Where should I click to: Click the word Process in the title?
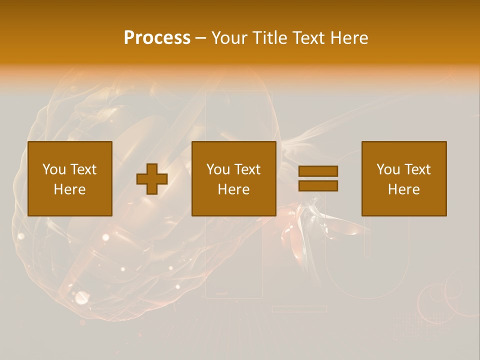pos(157,38)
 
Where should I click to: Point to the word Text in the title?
pos(307,38)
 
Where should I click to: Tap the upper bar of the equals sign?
pos(318,171)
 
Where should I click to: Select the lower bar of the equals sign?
pos(318,185)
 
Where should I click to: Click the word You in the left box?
pos(54,169)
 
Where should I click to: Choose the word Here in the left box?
pos(69,189)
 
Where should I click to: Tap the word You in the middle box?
pos(218,169)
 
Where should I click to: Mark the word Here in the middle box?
pos(233,189)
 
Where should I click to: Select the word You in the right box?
pos(388,169)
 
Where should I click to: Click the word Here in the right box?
pos(403,189)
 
